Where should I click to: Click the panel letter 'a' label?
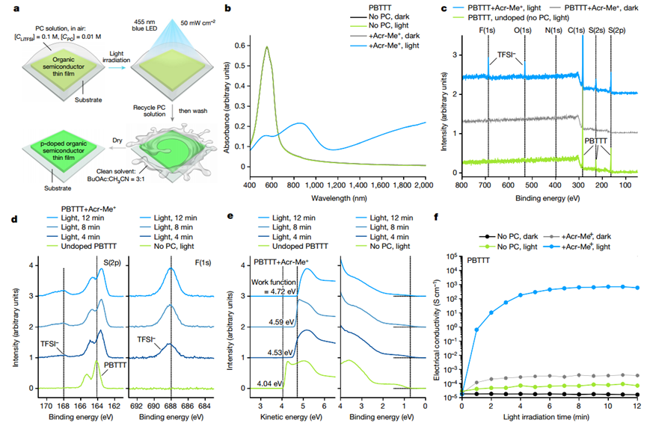click(7, 8)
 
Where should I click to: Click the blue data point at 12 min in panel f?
click(638, 288)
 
